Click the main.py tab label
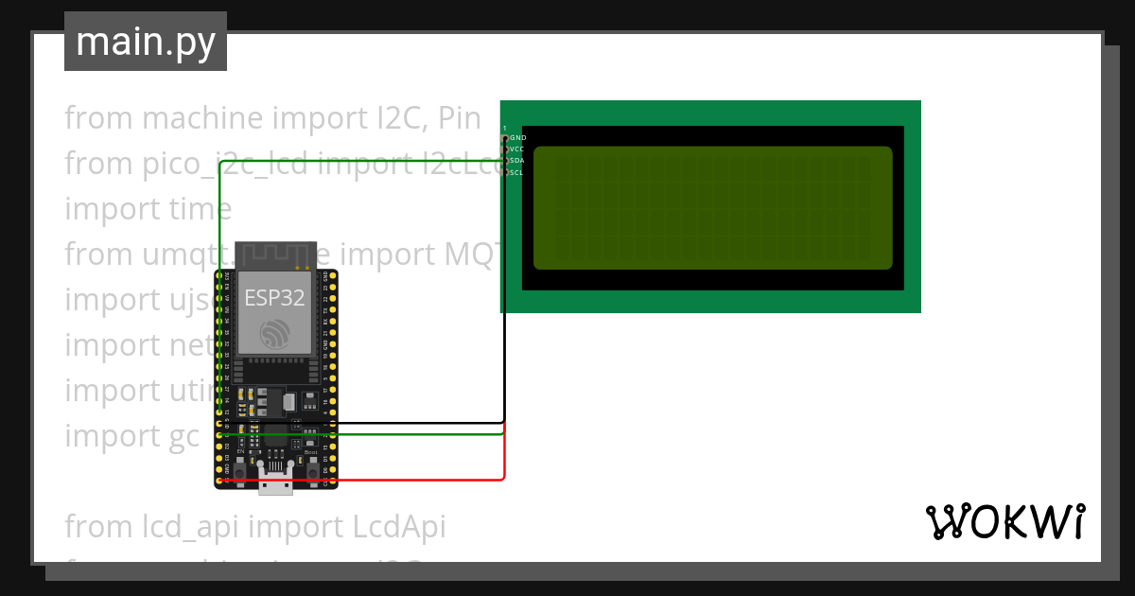point(145,42)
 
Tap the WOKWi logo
point(1004,521)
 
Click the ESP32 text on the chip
point(274,298)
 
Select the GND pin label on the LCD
point(518,138)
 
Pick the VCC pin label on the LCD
point(517,149)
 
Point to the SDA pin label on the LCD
point(517,161)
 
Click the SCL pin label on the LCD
point(517,172)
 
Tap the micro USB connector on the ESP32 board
point(275,484)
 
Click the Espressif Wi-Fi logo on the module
point(274,333)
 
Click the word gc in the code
point(181,436)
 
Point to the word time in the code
point(200,209)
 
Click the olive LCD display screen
point(713,207)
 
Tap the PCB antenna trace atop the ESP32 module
point(274,254)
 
